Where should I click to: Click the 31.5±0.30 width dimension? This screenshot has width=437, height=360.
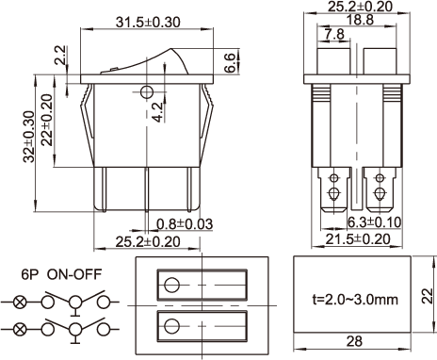coord(148,23)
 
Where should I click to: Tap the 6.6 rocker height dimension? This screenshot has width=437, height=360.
coord(230,63)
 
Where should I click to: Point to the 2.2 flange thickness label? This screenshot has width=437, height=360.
coord(60,56)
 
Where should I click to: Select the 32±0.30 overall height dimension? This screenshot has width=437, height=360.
coord(29,137)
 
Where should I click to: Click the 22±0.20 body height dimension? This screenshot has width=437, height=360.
coord(47,120)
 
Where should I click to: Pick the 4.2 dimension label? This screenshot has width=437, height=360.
coord(157,112)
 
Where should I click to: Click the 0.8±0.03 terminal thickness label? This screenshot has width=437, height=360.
coord(185,224)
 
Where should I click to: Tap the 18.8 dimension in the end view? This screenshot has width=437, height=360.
coord(361,20)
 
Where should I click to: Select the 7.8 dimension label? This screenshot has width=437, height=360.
coord(334,34)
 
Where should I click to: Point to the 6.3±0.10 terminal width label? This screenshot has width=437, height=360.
coord(375,222)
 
